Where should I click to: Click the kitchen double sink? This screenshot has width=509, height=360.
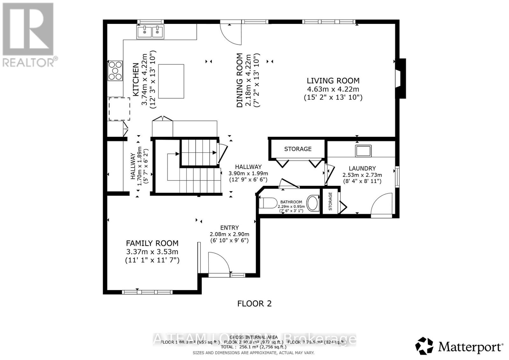[150, 31]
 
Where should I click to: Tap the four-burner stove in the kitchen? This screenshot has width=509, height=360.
[115, 70]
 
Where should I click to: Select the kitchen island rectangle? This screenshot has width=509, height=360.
[171, 81]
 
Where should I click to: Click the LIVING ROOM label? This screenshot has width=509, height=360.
[333, 81]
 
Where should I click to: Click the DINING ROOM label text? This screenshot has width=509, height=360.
[240, 80]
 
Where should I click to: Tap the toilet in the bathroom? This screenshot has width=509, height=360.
[269, 203]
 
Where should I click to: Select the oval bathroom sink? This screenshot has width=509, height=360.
[313, 203]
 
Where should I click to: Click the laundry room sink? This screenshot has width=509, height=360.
[363, 151]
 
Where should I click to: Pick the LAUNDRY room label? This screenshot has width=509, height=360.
[362, 168]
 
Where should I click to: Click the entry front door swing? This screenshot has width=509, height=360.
[219, 263]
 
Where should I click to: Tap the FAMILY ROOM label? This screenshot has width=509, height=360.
[152, 243]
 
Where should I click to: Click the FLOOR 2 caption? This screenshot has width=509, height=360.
[254, 303]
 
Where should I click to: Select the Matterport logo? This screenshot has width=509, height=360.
[459, 346]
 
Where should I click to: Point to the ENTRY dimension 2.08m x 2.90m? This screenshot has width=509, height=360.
[229, 234]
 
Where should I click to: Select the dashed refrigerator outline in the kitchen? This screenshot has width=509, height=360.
[119, 109]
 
